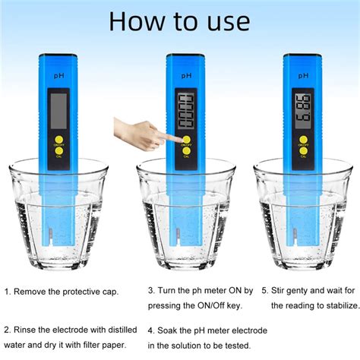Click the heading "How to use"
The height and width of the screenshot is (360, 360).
coord(179,21)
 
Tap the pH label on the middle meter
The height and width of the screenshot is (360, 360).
coord(185,77)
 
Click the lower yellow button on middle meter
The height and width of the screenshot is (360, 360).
coord(185,151)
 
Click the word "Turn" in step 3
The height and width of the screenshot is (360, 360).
coord(171,291)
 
